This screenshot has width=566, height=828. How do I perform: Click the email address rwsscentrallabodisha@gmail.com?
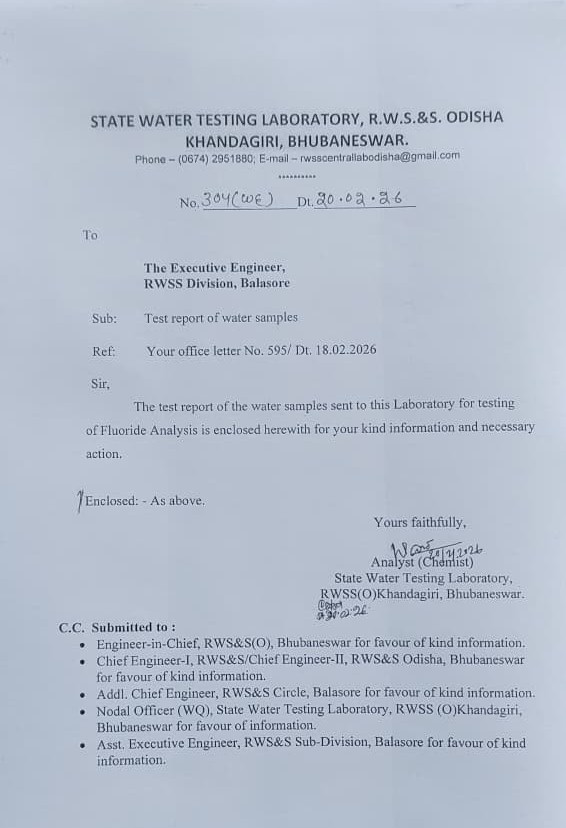(380, 157)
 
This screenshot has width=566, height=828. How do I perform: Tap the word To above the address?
(90, 235)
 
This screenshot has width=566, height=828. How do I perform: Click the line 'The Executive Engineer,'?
(214, 267)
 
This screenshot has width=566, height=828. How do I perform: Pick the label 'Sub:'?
(104, 318)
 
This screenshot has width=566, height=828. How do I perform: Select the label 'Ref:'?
(104, 351)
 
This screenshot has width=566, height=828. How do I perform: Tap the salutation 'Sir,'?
(100, 383)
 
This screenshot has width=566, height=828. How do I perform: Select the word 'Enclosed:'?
(111, 501)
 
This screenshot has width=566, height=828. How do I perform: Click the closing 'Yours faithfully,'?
(419, 522)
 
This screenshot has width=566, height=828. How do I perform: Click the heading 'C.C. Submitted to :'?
(117, 627)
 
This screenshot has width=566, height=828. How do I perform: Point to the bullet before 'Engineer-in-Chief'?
(81, 645)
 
